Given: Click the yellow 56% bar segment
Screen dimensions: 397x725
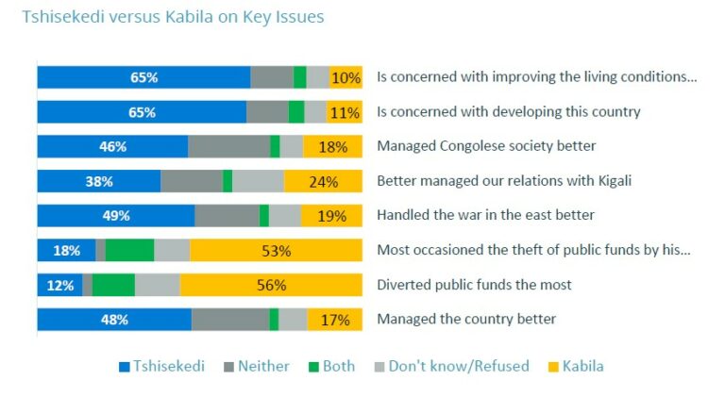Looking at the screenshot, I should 271,285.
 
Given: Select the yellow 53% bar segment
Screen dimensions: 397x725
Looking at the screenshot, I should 276,250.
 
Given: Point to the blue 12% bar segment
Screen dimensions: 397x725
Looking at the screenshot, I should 59,285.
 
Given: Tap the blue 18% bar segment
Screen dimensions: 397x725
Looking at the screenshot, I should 66,250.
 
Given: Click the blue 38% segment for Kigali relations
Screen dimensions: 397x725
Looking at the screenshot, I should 98,181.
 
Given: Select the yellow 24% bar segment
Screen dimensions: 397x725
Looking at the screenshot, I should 323,181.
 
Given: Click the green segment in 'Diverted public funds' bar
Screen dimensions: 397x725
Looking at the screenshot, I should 113,285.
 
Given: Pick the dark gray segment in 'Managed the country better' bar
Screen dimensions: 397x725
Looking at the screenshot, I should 230,319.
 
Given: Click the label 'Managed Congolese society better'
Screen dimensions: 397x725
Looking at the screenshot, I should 486,146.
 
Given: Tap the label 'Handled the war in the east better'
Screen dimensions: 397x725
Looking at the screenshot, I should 485,215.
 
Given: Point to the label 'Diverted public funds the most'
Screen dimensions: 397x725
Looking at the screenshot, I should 474,285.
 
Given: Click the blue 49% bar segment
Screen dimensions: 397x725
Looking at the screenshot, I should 115,215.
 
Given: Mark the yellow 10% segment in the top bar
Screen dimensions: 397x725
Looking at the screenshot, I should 346,77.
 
